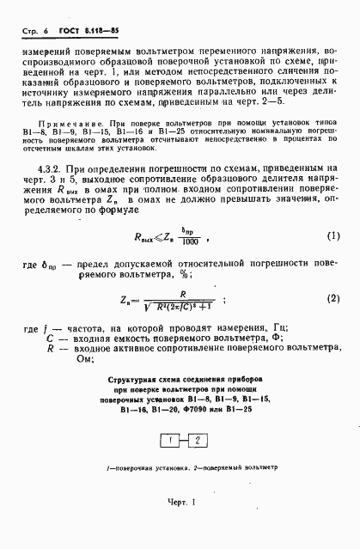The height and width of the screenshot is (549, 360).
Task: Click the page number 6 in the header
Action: coord(44,33)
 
